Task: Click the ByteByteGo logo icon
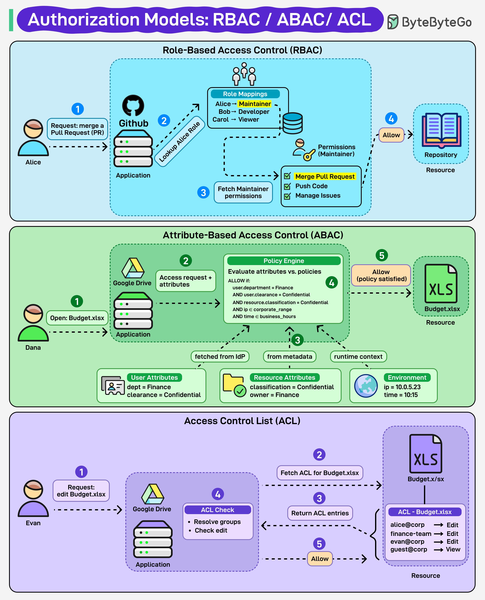(x=393, y=22)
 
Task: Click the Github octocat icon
(x=133, y=106)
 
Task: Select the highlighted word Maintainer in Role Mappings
(x=254, y=104)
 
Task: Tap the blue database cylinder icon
(x=292, y=123)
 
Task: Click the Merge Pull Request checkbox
(x=287, y=176)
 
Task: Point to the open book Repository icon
(x=441, y=130)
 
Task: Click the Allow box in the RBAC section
(x=391, y=135)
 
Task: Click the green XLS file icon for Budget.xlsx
(x=441, y=284)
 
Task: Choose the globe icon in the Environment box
(x=366, y=386)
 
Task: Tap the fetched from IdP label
(x=220, y=357)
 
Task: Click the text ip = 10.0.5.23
(x=402, y=387)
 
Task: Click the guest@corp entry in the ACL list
(x=409, y=549)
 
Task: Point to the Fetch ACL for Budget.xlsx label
(x=320, y=473)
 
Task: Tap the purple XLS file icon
(x=425, y=454)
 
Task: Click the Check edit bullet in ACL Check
(x=211, y=531)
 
